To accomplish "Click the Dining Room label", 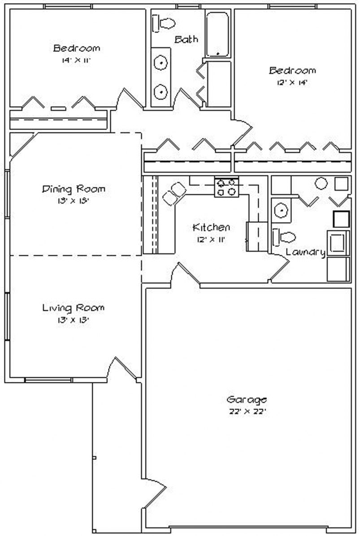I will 74,189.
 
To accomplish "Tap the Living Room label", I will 74,308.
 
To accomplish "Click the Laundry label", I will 305,252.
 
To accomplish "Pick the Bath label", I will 186,39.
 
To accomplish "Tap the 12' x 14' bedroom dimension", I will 292,82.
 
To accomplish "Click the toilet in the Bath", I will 164,23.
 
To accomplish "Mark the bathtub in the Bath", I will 218,34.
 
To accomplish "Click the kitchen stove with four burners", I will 227,187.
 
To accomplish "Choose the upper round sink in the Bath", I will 160,64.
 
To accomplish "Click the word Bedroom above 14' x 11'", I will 77,48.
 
